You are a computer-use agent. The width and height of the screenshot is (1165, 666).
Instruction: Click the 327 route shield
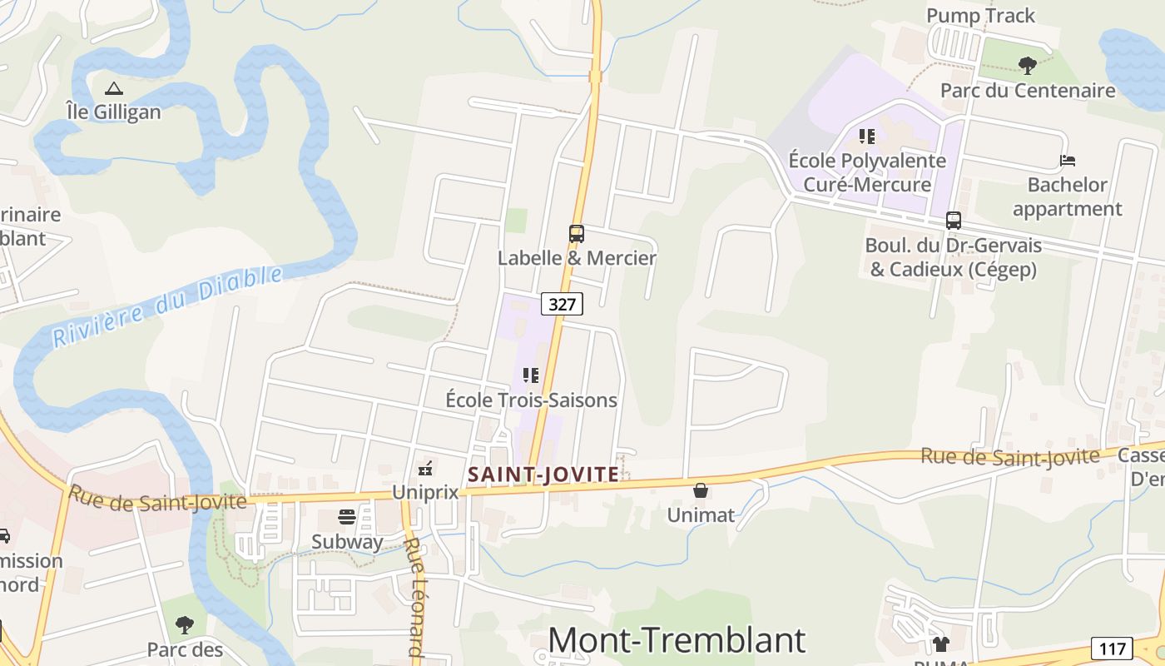[x=563, y=304]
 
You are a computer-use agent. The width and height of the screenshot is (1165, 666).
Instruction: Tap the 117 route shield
[x=1112, y=649]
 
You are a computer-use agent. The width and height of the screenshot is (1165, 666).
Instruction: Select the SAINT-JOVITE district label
[x=543, y=475]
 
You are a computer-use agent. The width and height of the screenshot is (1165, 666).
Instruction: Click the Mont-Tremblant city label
[x=677, y=639]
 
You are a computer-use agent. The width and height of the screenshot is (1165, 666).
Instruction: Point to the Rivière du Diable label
[x=166, y=306]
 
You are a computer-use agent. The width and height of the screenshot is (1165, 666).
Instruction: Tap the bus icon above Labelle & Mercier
[x=577, y=234]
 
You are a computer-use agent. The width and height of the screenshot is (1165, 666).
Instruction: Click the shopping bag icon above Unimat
[x=701, y=491]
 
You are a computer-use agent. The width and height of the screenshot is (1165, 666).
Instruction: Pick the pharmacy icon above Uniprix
[x=425, y=469]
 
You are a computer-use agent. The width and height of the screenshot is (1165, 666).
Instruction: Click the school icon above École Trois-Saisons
[x=531, y=376]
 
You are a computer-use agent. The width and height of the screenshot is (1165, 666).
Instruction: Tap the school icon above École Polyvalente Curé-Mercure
[x=867, y=136]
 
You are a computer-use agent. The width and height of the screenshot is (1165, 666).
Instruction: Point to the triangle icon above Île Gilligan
[x=113, y=87]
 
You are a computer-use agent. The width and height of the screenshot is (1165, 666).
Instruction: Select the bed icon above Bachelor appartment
[x=1068, y=160]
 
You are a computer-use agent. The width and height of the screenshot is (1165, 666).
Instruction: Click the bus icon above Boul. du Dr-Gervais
[x=954, y=221]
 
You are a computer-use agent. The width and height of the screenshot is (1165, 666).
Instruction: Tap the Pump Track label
[x=980, y=16]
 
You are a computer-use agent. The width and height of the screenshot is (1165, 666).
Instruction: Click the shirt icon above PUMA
[x=941, y=644]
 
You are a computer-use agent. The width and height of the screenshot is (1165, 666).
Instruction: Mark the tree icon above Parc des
[x=185, y=624]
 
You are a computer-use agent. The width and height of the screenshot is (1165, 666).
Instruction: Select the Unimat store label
[x=701, y=515]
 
